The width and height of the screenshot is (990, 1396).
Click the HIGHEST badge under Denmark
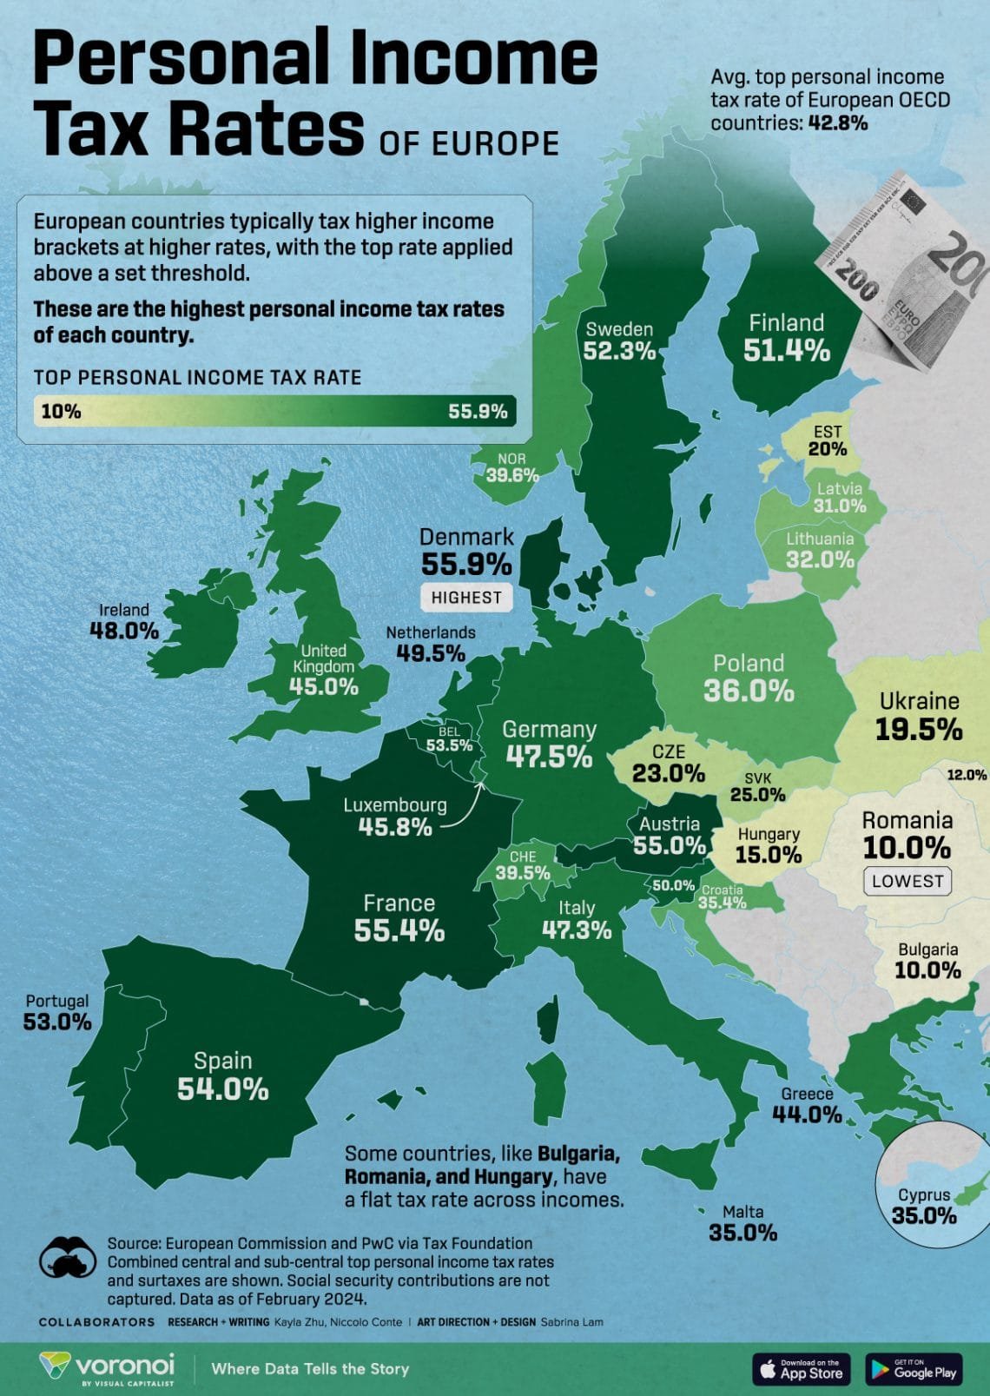click(466, 598)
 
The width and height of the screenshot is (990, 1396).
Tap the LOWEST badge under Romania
click(907, 881)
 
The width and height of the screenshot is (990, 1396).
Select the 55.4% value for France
click(399, 930)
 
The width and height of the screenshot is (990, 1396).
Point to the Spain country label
click(223, 1061)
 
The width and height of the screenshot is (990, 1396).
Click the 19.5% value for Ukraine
click(919, 730)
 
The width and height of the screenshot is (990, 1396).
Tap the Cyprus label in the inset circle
click(924, 1194)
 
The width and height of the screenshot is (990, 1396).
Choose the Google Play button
click(914, 1369)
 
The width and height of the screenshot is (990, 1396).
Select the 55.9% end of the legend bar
click(478, 412)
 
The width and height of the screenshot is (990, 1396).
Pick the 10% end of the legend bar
click(61, 412)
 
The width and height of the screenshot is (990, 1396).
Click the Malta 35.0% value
click(742, 1232)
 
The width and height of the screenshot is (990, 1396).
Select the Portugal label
click(57, 1001)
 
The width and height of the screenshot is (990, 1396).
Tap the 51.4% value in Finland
click(787, 351)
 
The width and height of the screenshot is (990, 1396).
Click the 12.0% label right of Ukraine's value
click(967, 775)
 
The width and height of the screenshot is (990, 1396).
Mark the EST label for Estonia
click(828, 432)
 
